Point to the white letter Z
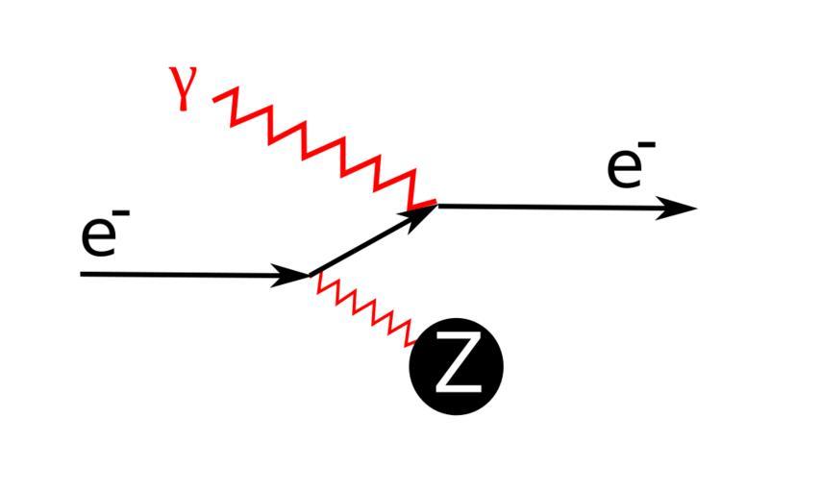457,366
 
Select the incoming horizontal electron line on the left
183,275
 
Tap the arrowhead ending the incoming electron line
292,276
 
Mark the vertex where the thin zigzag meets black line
311,277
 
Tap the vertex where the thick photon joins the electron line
435,205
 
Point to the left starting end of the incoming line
83,274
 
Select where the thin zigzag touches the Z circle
415,343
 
